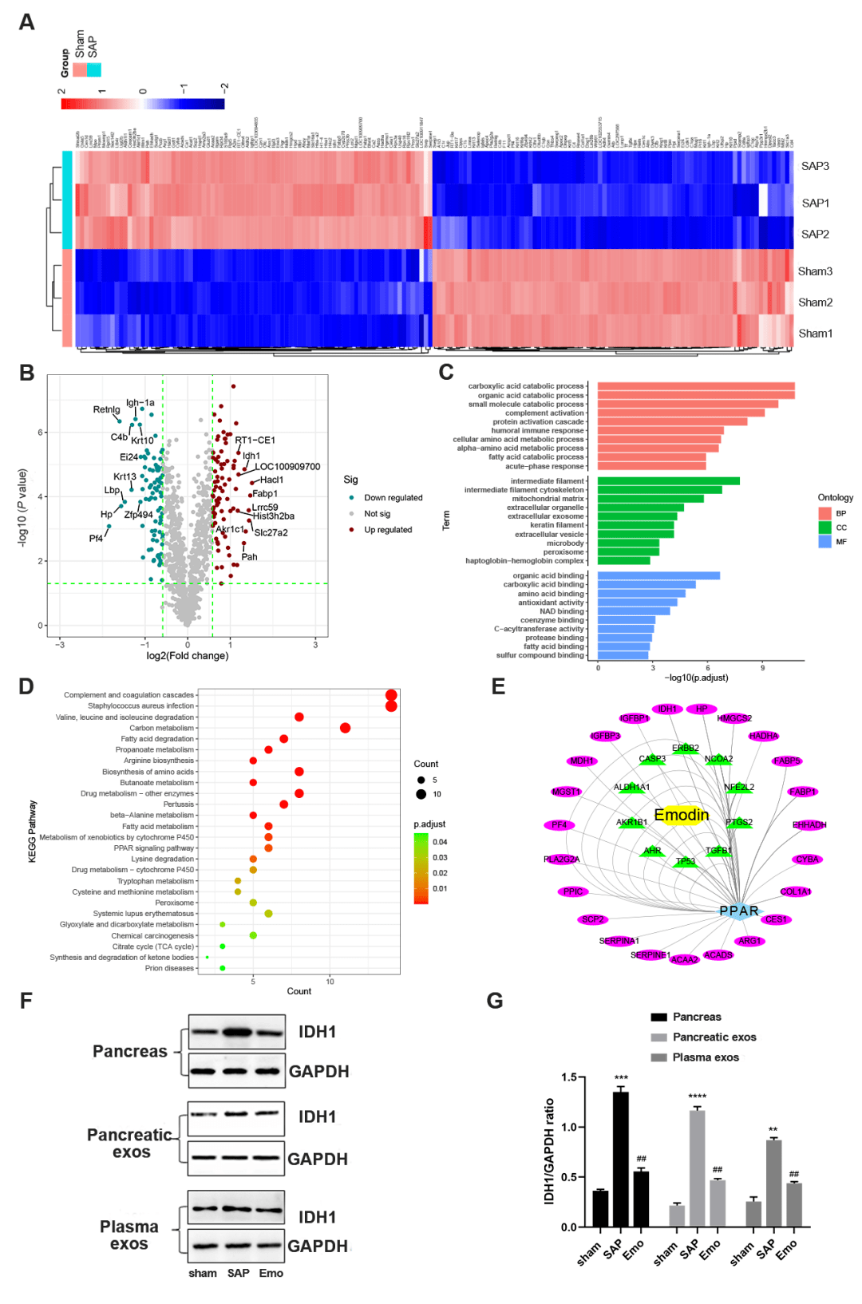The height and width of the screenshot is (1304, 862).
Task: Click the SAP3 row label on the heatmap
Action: coord(815,166)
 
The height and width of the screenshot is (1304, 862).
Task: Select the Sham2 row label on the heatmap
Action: coord(815,302)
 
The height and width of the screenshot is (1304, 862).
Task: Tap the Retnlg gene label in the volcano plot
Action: coord(106,409)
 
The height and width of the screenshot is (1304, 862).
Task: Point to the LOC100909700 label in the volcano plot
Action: coord(287,467)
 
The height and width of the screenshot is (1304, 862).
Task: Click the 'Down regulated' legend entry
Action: coord(393,498)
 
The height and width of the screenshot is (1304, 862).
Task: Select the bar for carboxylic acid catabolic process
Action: coord(695,386)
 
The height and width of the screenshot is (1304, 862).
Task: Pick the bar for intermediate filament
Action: coord(668,481)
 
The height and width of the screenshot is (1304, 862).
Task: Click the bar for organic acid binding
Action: coord(658,575)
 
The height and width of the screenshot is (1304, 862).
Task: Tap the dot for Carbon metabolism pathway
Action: coord(345,728)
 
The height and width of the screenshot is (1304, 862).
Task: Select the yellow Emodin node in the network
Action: coord(682,815)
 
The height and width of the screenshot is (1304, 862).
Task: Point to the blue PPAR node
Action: coord(739,911)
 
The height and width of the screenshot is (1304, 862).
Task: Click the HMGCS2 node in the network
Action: coord(734,718)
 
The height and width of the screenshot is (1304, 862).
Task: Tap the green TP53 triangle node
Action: coord(685,862)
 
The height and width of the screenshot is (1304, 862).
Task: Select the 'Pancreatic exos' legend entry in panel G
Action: coord(714,1037)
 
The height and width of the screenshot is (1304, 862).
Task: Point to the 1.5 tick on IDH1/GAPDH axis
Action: coord(568,1077)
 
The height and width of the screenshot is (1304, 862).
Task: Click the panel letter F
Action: coord(26,1001)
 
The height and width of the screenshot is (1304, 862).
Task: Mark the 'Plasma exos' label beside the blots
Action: coord(129,1235)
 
